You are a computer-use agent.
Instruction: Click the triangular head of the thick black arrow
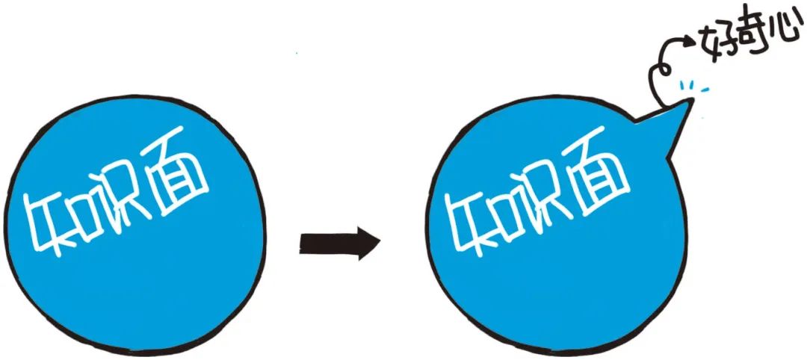point(365,243)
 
